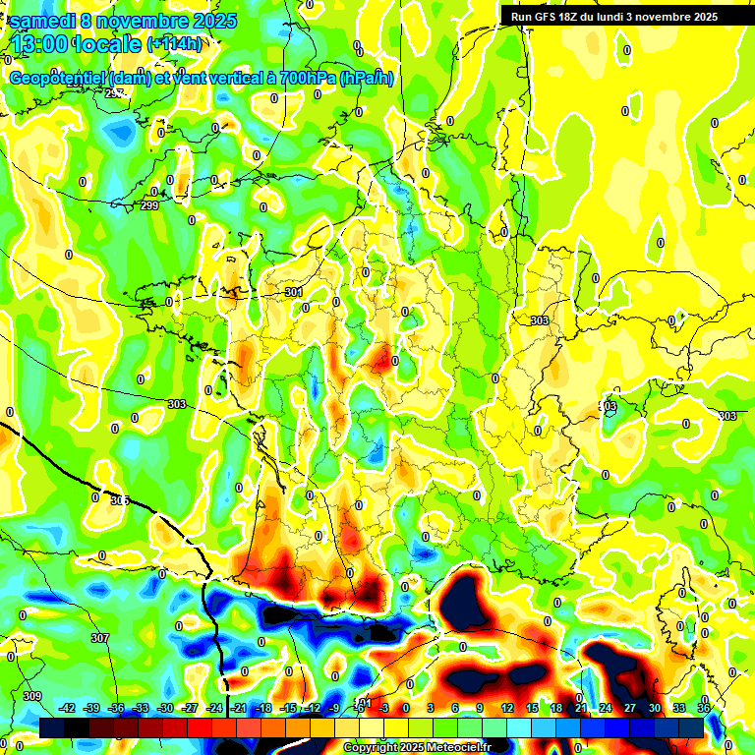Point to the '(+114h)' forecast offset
tap(175, 44)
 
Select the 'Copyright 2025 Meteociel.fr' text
tap(417, 747)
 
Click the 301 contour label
tap(293, 292)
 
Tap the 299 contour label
tap(149, 205)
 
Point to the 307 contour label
tap(100, 638)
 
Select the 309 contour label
tap(32, 696)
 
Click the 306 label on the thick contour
tap(119, 500)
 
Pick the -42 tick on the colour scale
tap(68, 708)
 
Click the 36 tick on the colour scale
tap(703, 708)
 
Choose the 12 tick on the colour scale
tap(506, 708)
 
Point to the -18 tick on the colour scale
tap(262, 708)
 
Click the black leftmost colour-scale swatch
tap(52, 727)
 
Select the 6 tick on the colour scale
tap(455, 708)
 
